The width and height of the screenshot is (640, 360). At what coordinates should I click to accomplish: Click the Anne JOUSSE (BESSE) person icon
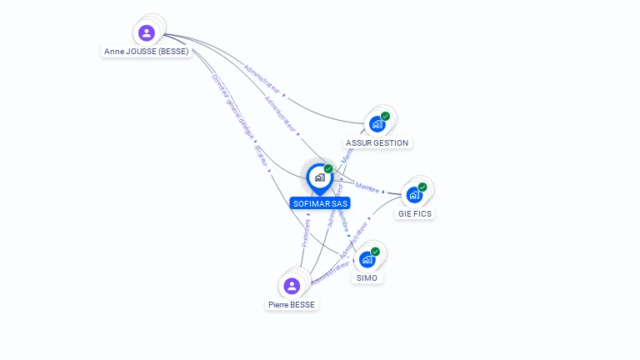pos(147,33)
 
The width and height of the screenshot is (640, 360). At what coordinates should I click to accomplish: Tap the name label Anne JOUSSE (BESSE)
pos(147,52)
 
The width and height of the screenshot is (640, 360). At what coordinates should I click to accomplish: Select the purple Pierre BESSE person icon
pos(292,287)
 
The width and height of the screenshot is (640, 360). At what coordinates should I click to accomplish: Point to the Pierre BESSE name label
pos(292,305)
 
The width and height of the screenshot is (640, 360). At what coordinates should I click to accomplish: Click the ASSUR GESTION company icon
pos(377,124)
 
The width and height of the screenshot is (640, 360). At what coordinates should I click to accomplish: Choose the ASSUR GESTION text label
pos(377,143)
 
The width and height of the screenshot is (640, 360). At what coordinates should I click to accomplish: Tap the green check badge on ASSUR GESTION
pos(385,117)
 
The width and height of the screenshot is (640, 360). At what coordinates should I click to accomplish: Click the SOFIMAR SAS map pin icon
pos(319,177)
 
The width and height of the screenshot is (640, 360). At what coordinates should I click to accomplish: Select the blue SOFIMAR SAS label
pos(320,203)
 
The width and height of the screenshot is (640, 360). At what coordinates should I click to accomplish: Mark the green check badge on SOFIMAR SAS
pos(328,169)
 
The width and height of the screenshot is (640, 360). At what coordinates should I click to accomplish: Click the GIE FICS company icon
pos(414,195)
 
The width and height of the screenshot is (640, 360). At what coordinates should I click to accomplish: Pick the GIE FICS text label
pos(415,214)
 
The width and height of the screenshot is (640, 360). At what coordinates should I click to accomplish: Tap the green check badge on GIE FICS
pos(422,187)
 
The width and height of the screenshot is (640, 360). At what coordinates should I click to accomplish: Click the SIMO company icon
pos(367,259)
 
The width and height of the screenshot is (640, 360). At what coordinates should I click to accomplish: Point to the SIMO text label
pos(367,278)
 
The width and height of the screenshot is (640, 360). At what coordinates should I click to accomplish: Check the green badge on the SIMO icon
pos(375,252)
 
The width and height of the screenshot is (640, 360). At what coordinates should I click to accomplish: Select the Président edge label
pos(306,232)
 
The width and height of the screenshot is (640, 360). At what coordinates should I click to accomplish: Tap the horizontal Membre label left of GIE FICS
pos(367,187)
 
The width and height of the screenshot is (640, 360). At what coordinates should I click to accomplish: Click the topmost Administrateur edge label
pos(261,78)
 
